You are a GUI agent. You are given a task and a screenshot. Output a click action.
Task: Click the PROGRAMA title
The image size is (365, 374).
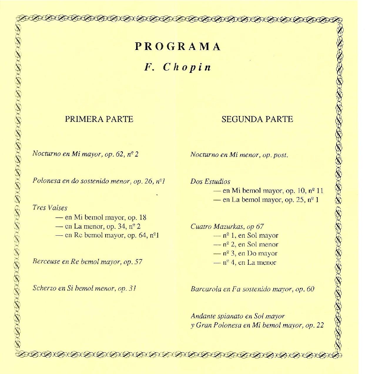click(x=178, y=47)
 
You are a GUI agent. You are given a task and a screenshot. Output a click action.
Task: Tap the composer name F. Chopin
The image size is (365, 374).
click(x=178, y=67)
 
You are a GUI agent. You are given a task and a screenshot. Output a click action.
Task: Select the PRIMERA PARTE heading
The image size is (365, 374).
click(x=99, y=119)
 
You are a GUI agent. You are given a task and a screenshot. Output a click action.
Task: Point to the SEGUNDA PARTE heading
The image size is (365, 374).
click(x=257, y=119)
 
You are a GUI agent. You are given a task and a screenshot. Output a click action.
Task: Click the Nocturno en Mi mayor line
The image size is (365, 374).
click(x=85, y=154)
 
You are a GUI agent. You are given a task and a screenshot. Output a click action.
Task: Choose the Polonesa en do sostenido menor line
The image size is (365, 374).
click(x=99, y=181)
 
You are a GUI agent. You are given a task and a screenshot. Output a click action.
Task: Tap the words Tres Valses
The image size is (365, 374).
click(x=50, y=208)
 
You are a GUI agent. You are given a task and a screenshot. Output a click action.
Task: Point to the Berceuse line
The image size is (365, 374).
click(x=88, y=261)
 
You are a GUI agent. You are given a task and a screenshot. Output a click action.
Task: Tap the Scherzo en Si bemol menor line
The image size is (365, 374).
click(x=84, y=288)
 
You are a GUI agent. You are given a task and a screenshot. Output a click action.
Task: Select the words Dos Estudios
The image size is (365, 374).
click(x=210, y=182)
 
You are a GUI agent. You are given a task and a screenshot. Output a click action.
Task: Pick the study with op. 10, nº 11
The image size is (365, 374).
click(x=268, y=191)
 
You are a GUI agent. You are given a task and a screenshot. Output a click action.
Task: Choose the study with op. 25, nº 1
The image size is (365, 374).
click(x=266, y=200)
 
